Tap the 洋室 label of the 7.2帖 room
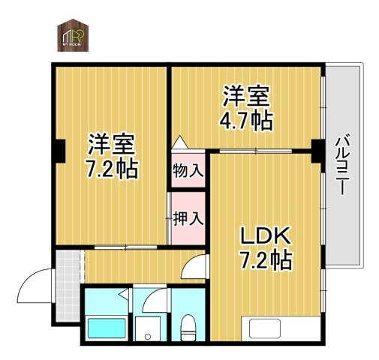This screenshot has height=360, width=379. (110, 142)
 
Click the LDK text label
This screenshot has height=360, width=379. (264, 236)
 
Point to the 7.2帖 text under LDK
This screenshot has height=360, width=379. (266, 260)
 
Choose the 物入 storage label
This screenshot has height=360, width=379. (187, 170)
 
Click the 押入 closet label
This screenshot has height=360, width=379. (186, 219)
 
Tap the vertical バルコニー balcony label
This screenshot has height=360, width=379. (342, 164)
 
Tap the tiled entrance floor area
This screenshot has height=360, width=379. (68, 266)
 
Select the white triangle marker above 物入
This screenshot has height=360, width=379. (180, 142)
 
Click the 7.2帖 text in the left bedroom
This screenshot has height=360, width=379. (110, 168)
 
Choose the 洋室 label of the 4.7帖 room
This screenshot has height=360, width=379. (246, 96)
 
